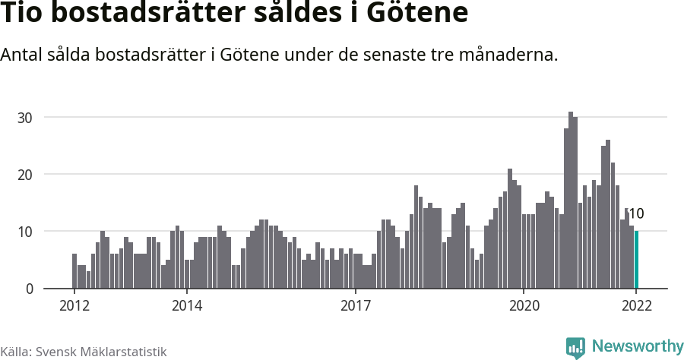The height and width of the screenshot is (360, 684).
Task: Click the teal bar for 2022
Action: click(636, 260)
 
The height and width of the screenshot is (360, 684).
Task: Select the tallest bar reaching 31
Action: click(571, 201)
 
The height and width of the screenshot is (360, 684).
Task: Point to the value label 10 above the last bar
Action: click(637, 213)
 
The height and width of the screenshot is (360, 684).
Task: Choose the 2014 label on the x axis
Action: click(186, 306)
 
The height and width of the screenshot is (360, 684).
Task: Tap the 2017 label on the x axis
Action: click(355, 306)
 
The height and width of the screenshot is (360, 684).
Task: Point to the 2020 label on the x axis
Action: click(524, 306)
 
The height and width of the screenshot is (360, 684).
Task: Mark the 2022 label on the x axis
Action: click(636, 306)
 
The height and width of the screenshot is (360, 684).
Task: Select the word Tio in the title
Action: click(24, 14)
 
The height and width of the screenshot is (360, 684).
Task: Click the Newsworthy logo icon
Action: click(575, 347)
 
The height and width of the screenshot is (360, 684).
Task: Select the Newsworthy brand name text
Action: click(637, 346)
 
